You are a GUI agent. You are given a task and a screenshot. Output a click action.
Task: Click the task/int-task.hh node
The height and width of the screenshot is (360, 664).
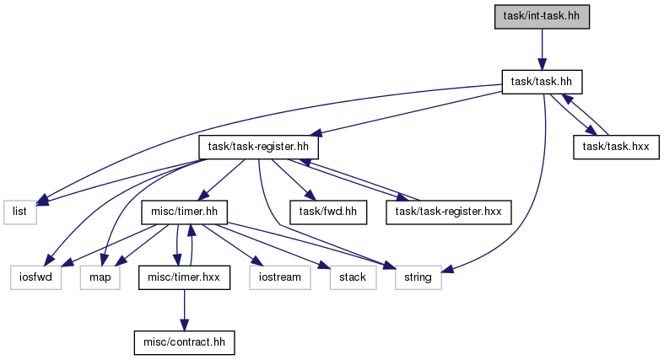coord(542,17)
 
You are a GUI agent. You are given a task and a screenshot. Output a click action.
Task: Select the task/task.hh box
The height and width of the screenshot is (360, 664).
coord(542,82)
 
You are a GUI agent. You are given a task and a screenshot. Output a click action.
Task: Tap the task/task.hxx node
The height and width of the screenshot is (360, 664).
coord(616,148)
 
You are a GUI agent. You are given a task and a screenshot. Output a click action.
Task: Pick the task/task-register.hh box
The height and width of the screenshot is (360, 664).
coord(258,148)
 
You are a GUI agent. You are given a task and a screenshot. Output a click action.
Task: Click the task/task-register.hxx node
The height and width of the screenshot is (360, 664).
coord(449,212)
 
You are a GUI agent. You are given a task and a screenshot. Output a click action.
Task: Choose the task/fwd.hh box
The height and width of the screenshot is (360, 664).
coord(328,212)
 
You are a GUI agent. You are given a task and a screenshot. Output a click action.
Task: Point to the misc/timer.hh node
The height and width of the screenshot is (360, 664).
coord(184,212)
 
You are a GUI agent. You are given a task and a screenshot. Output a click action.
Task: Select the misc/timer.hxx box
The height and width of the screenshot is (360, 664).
coord(184,277)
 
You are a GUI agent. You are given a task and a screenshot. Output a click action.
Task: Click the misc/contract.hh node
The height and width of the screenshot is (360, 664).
coord(184,342)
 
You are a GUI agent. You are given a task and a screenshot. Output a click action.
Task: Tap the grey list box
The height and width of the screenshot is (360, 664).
coord(20,212)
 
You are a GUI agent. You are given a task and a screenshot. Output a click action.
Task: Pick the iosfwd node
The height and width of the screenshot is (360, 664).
coord(36,277)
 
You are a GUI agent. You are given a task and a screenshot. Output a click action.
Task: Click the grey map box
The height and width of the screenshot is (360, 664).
coord(100,277)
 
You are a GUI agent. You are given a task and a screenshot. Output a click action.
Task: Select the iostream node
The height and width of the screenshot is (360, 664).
coord(280,277)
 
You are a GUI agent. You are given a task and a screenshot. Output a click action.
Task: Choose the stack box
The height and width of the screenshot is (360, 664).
coord(353,277)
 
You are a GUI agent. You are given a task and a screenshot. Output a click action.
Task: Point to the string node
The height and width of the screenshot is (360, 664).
coord(418,277)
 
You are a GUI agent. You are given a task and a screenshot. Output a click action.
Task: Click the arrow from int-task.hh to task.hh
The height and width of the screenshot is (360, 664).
coord(542,50)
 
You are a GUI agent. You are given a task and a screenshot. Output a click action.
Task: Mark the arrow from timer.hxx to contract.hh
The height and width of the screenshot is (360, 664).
coord(184,310)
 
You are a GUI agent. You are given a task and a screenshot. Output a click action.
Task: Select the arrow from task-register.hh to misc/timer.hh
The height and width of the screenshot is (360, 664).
coord(222,180)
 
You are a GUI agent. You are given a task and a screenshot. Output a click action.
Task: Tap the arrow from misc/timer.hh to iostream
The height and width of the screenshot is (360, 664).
coord(229,245)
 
